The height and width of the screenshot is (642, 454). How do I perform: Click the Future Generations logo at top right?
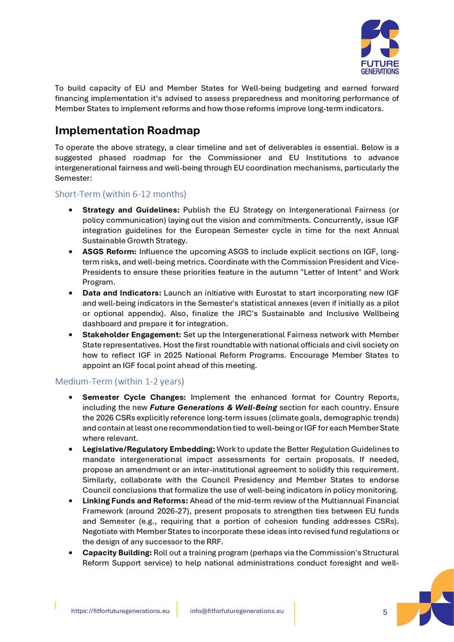coord(379,46)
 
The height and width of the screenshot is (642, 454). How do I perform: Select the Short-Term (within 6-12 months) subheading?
coord(121,194)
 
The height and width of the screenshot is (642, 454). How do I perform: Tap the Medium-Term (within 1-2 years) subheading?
coord(119,381)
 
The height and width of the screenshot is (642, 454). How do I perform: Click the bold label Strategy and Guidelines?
coord(132,210)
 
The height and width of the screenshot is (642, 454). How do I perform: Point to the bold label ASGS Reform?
coord(109,252)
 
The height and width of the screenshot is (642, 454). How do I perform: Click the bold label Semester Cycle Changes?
coord(134,397)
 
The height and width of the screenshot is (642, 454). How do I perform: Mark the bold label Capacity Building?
coord(115,552)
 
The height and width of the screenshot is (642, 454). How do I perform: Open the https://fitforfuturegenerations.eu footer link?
coord(120,611)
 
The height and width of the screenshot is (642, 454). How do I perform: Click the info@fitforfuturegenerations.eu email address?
coord(237,611)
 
